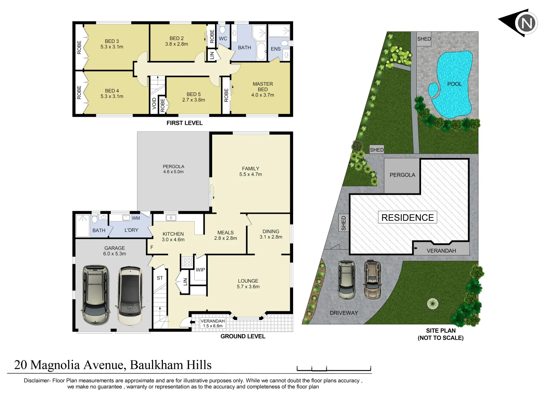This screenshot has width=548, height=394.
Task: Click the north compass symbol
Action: click(525, 23)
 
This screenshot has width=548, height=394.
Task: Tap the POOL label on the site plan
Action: click(454, 84)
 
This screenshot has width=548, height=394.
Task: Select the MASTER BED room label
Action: click(263, 87)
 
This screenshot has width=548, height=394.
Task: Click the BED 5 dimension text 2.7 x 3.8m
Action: click(194, 100)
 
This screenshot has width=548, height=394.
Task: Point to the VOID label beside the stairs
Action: click(154, 103)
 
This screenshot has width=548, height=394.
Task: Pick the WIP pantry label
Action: click(200, 270)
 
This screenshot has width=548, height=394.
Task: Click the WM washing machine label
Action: click(136, 218)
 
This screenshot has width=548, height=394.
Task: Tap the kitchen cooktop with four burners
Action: click(187, 262)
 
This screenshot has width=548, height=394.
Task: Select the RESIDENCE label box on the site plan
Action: click(407, 217)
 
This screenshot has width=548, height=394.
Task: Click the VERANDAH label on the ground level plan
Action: click(213, 321)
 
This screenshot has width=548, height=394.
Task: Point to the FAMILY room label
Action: click(250, 169)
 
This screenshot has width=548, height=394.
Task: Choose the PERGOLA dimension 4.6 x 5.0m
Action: click(173, 172)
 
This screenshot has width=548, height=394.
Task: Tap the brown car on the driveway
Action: click(372, 280)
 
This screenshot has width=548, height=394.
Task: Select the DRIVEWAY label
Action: click(343, 313)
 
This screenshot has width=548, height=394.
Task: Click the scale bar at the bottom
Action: click(334, 369)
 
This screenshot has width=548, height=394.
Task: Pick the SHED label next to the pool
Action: click(424, 39)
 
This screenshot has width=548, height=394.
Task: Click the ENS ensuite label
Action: click(276, 49)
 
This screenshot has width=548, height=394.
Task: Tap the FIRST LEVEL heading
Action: click(184, 123)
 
